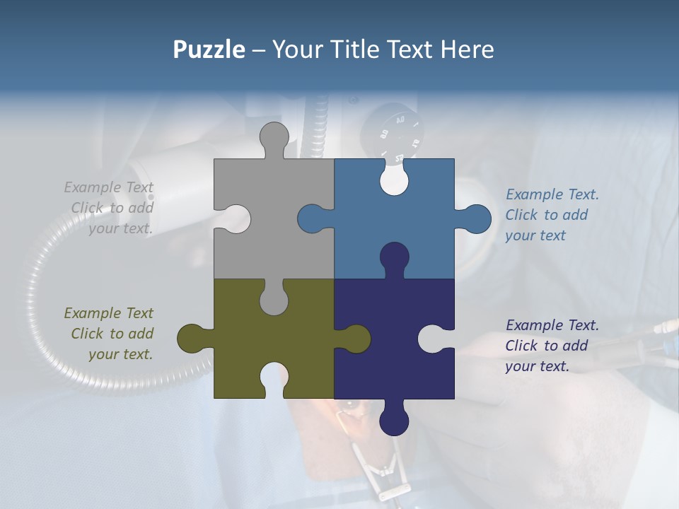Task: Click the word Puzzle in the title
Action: (x=209, y=49)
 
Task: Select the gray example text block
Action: (x=110, y=208)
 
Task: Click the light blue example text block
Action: (x=552, y=215)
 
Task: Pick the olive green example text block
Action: (x=110, y=334)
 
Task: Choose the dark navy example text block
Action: (x=552, y=346)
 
